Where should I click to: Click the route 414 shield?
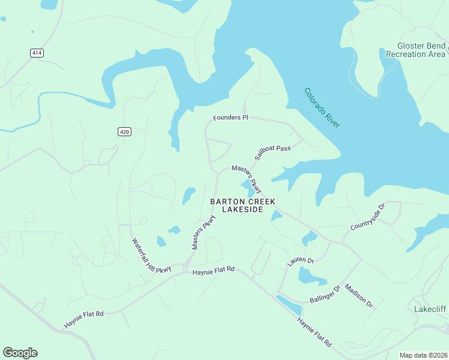point(37,53)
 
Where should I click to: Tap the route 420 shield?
point(124,132)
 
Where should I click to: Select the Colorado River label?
point(322,107)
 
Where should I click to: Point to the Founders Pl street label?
point(231,118)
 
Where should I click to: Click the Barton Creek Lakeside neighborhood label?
point(237,205)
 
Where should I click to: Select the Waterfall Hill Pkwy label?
point(151,256)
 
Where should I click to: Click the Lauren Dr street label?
point(301,260)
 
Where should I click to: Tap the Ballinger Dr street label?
point(325,293)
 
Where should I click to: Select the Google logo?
point(20,353)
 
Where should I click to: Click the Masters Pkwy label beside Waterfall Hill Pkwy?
point(203,232)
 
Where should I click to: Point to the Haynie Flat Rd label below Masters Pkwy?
point(213,272)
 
